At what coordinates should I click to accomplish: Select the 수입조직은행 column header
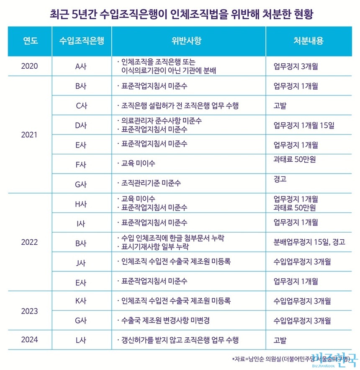[82, 41]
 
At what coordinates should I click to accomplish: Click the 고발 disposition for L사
[280, 339]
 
